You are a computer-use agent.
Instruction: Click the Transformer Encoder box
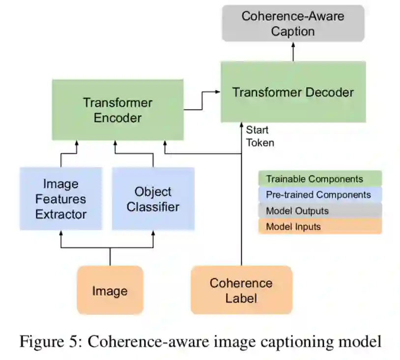[118, 110]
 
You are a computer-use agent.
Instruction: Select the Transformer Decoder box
[293, 92]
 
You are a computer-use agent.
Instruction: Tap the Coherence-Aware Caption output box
[293, 24]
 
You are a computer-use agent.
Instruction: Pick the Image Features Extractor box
[61, 199]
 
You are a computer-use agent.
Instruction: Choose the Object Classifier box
[153, 199]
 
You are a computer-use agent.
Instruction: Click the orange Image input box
[110, 290]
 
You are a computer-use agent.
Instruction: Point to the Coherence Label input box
[241, 290]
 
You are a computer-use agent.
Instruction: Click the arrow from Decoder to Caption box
[293, 51]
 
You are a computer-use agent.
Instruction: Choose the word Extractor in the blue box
[61, 214]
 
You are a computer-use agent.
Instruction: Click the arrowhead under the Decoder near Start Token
[241, 126]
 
